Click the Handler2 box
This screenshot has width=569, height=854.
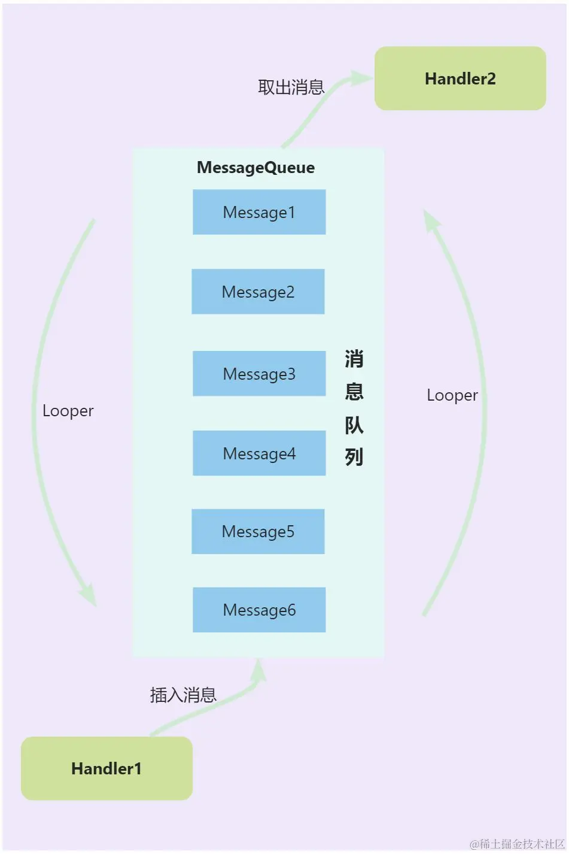coord(460,78)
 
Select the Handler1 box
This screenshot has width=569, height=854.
coord(107,768)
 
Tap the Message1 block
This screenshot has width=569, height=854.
coord(259,212)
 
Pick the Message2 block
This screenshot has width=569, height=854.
coord(258,292)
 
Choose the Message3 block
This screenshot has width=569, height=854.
coord(259,374)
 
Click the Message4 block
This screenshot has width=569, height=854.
coord(259,453)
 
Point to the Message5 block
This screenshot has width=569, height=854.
coord(258,531)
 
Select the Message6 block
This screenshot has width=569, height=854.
coord(259,610)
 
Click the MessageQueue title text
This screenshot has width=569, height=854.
coord(255,168)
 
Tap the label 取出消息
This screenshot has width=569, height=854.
coord(291,87)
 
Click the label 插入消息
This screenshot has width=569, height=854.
coord(183,695)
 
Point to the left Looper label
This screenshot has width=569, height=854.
coord(68,411)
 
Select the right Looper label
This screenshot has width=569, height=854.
coord(452,395)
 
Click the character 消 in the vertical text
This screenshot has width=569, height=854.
coord(354,359)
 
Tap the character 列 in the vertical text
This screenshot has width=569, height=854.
coord(354,457)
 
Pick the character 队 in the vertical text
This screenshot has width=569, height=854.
coord(354,425)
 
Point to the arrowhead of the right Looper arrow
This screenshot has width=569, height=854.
coord(431,220)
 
